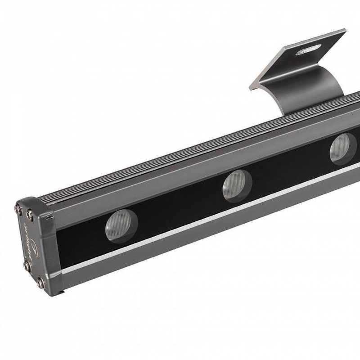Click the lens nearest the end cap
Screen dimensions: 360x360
121,226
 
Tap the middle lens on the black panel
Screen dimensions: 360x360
237,185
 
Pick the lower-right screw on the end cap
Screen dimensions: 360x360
40,283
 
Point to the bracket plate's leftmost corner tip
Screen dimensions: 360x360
251,85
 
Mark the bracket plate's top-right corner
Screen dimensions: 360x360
345,31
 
